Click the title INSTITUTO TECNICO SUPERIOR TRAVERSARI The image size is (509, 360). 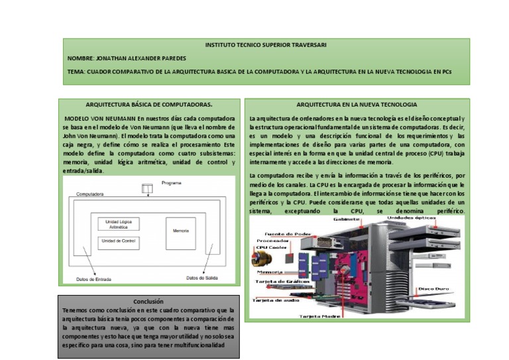click(265, 45)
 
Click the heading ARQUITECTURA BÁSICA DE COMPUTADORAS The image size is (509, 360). click(149, 105)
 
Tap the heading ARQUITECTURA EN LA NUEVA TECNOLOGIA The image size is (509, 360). click(357, 105)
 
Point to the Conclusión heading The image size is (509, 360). click(148, 302)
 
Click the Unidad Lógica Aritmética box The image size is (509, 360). click(119, 223)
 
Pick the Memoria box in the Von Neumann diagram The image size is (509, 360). click(181, 231)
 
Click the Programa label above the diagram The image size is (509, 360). click(171, 182)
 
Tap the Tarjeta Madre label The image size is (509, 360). click(321, 316)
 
